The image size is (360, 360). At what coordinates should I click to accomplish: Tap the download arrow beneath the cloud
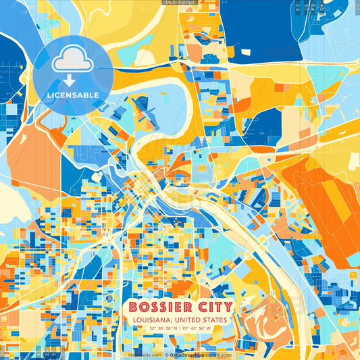[69, 80]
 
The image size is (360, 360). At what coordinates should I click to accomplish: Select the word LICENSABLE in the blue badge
[73, 95]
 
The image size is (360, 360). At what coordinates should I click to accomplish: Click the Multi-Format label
[180, 3]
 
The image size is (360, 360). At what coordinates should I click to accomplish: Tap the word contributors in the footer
[219, 355]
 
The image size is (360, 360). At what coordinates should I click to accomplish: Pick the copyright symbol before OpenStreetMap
[166, 355]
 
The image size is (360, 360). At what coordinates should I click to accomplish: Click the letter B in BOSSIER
[132, 307]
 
